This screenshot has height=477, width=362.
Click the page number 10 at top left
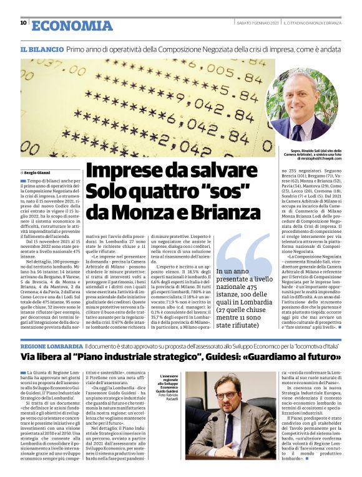point(23,24)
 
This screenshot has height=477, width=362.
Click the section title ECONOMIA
point(72,26)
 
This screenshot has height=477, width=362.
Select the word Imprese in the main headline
point(119,172)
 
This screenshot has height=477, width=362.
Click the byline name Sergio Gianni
point(37,171)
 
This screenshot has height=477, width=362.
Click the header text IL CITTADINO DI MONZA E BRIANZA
point(312,24)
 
